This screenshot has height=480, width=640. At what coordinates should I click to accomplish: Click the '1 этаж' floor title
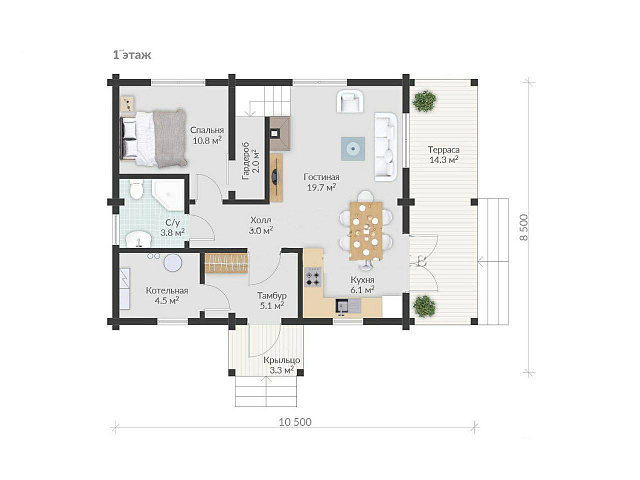pyautogui.click(x=132, y=55)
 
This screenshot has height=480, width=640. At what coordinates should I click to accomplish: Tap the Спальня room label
pyautogui.click(x=207, y=130)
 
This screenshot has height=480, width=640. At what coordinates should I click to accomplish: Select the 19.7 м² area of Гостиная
pyautogui.click(x=321, y=187)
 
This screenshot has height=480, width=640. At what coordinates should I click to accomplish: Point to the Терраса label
pyautogui.click(x=444, y=150)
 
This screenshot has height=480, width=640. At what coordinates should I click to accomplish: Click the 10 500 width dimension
pyautogui.click(x=295, y=422)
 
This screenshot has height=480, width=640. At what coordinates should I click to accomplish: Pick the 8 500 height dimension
pyautogui.click(x=524, y=227)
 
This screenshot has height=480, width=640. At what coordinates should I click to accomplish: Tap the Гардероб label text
pyautogui.click(x=246, y=161)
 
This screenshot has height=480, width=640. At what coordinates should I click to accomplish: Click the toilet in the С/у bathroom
pyautogui.click(x=136, y=190)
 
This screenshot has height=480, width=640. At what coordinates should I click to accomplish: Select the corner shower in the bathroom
pyautogui.click(x=168, y=195)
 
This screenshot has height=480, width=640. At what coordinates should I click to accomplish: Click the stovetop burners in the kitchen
pyautogui.click(x=313, y=276)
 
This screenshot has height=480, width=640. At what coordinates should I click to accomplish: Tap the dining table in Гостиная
pyautogui.click(x=366, y=231)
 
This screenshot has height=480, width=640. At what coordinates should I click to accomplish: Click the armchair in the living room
pyautogui.click(x=350, y=101)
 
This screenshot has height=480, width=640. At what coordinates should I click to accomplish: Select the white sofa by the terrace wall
pyautogui.click(x=386, y=147)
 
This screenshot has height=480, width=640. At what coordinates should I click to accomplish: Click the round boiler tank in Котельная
pyautogui.click(x=173, y=263)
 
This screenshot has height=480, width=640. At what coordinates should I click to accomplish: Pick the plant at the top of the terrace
pyautogui.click(x=424, y=101)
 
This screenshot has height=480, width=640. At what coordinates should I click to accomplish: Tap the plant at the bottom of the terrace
pyautogui.click(x=424, y=305)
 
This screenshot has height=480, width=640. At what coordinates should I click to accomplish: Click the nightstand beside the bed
pyautogui.click(x=128, y=104)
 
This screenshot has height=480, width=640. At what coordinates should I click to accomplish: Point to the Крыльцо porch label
pyautogui.click(x=282, y=360)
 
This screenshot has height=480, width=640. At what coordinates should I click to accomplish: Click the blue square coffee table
pyautogui.click(x=353, y=149)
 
